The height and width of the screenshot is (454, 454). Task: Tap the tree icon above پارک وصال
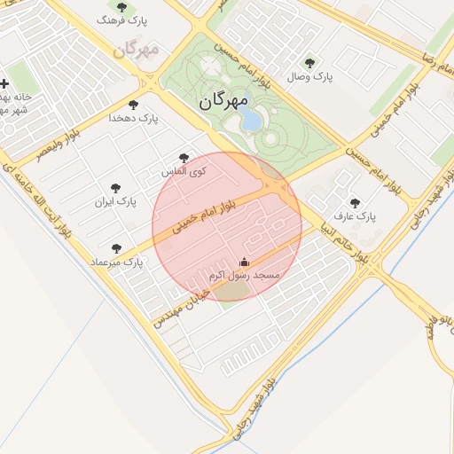309,63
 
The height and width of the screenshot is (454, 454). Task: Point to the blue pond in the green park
251,119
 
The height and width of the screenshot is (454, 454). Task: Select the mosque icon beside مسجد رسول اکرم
245,262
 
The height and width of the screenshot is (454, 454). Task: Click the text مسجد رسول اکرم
245,277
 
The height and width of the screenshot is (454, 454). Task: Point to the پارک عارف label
355,216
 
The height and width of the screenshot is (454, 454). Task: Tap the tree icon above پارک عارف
356,203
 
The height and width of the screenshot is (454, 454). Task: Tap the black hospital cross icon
4,83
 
